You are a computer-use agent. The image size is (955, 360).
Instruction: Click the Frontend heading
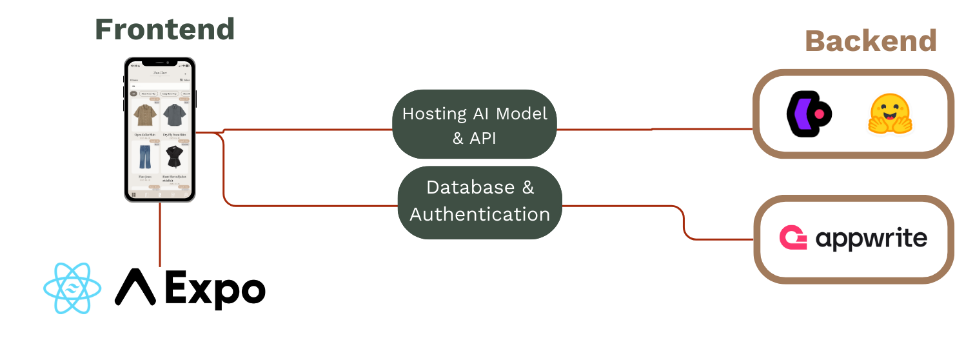pos(165,29)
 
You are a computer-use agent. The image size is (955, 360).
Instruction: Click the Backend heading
pos(871,41)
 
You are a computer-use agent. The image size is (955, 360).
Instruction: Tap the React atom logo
pos(72,288)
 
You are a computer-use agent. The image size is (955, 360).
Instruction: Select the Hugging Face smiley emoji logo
pos(892,114)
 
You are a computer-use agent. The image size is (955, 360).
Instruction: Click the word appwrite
pos(871,239)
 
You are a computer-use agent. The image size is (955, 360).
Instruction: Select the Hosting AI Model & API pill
pos(474,125)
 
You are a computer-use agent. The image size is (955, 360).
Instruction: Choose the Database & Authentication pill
pos(480,202)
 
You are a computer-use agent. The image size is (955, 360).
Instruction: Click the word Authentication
pos(480,214)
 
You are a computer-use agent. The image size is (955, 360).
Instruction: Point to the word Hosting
pos(433,114)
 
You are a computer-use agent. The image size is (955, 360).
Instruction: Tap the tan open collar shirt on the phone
pos(144,116)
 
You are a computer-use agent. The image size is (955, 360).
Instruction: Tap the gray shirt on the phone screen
pos(173,116)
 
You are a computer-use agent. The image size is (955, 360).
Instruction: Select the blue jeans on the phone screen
pos(144,158)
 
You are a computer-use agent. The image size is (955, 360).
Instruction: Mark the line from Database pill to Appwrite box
pos(619,206)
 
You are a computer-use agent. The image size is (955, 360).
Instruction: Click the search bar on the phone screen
pos(160,86)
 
